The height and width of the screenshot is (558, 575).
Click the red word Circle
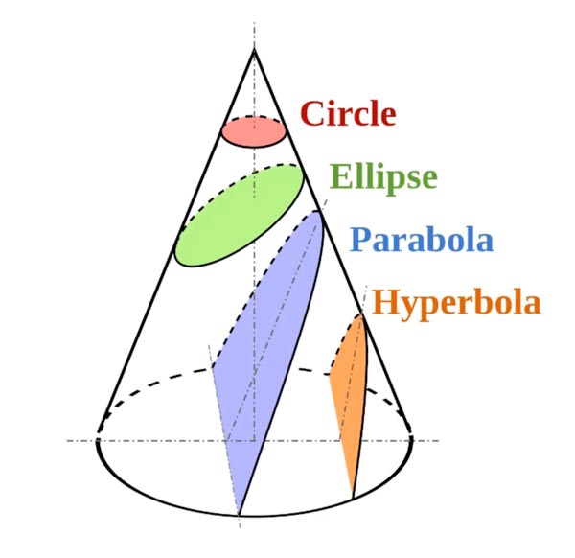(x=348, y=113)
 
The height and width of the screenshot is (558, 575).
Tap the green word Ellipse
(x=383, y=176)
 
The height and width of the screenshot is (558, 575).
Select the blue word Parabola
(x=422, y=240)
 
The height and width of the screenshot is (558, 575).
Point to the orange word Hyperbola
(x=456, y=303)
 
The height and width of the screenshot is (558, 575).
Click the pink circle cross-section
(x=254, y=131)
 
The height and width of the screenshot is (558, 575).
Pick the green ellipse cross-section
(x=240, y=216)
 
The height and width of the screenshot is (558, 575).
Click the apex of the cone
(x=254, y=49)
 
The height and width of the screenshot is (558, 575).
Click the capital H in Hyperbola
(x=387, y=301)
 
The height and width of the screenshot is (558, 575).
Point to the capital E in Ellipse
(x=341, y=175)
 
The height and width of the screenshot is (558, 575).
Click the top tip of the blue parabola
(x=317, y=211)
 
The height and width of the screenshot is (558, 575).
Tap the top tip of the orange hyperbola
(x=361, y=315)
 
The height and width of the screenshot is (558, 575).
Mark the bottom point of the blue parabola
(x=239, y=515)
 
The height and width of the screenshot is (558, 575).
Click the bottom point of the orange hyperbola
(x=353, y=499)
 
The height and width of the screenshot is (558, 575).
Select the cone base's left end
(x=97, y=439)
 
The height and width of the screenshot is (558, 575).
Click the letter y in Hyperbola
(x=414, y=308)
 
